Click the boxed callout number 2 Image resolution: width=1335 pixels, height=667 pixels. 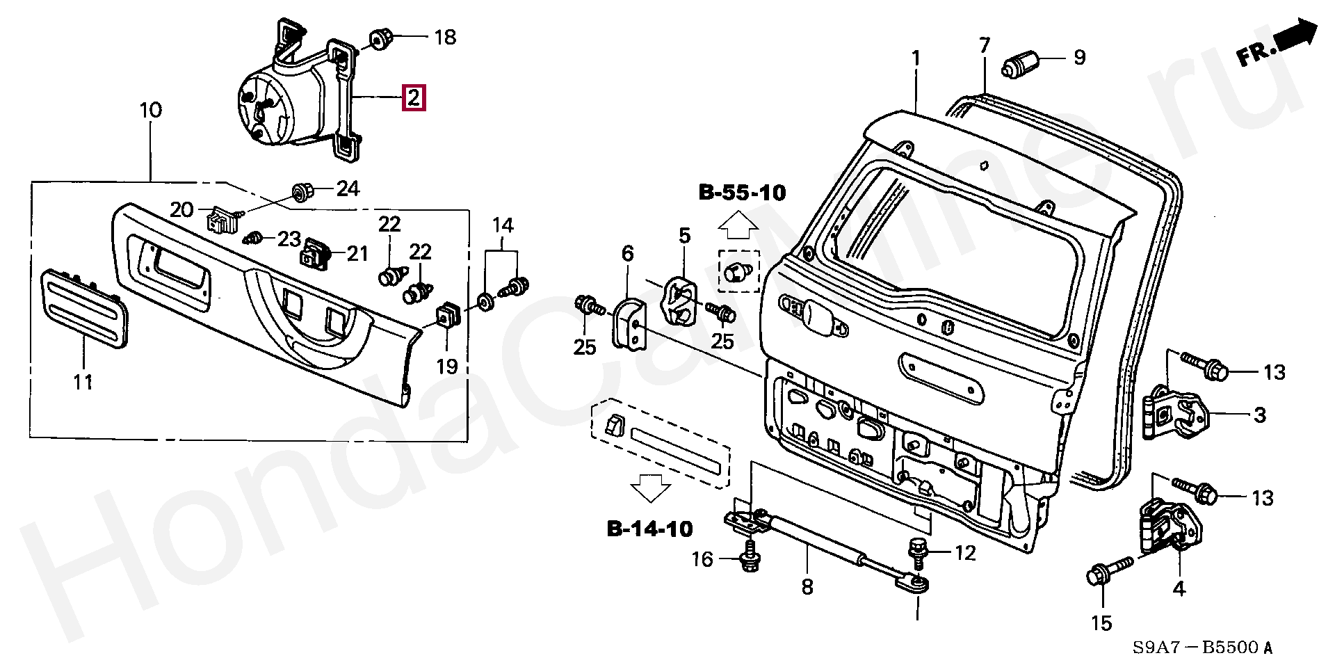pyautogui.click(x=414, y=98)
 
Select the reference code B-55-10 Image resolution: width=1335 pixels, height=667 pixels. pyautogui.click(x=742, y=193)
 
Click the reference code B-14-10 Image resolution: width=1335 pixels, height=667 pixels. pyautogui.click(x=650, y=529)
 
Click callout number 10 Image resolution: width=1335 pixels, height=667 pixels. pyautogui.click(x=150, y=110)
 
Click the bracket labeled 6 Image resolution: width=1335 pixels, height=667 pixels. pyautogui.click(x=629, y=324)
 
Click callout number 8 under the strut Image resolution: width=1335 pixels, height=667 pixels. pyautogui.click(x=807, y=588)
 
